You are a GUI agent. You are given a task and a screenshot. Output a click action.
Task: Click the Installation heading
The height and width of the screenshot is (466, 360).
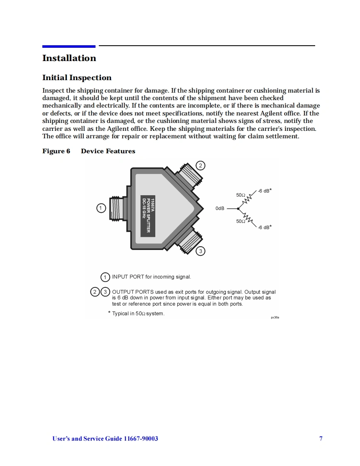[x=69, y=58]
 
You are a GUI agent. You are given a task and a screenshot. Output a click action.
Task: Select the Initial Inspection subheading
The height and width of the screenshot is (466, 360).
[x=77, y=78]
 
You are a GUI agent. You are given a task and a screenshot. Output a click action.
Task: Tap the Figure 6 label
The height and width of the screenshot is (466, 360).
[x=56, y=151]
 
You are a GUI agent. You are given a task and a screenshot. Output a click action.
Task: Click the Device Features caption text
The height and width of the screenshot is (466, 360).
[x=108, y=151]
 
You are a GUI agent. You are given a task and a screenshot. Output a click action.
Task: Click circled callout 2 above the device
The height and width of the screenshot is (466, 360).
[x=200, y=166]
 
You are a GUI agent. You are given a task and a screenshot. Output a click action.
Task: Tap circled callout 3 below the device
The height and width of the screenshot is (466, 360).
[x=200, y=251]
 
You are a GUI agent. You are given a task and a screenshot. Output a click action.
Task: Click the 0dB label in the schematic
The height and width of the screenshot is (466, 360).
[x=220, y=208]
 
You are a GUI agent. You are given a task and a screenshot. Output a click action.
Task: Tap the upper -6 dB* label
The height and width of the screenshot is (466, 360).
[x=264, y=191]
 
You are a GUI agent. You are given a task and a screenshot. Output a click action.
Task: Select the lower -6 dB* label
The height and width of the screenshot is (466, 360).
[x=264, y=227]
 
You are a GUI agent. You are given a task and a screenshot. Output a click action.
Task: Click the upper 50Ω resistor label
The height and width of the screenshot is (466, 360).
[x=241, y=195]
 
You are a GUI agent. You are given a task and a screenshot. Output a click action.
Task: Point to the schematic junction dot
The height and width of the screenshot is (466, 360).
[x=238, y=208]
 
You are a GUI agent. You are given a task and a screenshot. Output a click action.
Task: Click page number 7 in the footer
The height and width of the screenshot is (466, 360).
[x=321, y=439]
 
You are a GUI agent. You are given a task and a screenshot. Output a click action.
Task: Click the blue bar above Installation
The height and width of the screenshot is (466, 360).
[x=69, y=46]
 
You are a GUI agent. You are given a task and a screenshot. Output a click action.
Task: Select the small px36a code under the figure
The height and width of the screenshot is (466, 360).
[x=275, y=317]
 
